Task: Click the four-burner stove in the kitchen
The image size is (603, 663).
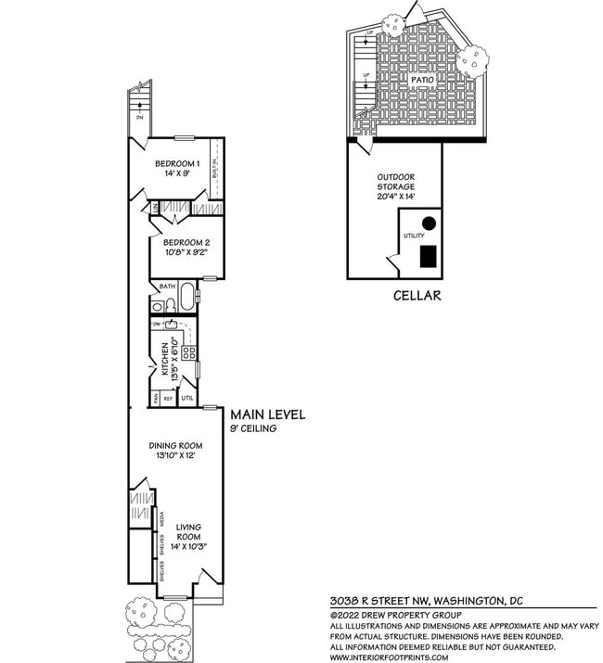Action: (x=188, y=352)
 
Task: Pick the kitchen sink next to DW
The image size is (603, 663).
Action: (x=171, y=325)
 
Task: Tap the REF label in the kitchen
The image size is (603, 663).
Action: (x=168, y=398)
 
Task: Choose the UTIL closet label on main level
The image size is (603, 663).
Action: (x=187, y=398)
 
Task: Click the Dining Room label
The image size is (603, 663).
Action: (x=175, y=445)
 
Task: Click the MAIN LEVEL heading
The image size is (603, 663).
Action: (x=267, y=414)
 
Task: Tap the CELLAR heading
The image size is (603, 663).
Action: (x=416, y=296)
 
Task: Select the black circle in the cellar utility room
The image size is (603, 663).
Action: (x=429, y=223)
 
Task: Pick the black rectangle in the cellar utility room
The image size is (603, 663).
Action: (x=429, y=256)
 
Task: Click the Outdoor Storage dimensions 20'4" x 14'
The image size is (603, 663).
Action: (x=395, y=197)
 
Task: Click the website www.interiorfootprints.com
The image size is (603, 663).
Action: (x=389, y=657)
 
